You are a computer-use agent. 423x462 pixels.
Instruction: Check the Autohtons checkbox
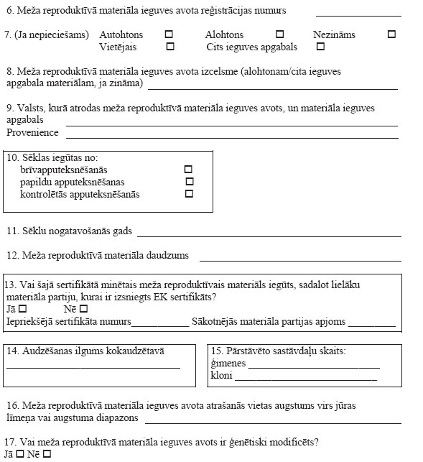point(169,34)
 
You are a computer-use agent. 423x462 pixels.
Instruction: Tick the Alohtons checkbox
point(280,34)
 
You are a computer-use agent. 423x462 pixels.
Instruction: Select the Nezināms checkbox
point(391,34)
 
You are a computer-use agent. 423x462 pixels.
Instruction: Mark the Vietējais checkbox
point(170,47)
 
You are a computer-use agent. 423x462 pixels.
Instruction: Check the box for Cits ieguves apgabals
point(320,47)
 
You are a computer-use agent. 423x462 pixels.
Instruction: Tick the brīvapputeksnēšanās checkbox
point(189,169)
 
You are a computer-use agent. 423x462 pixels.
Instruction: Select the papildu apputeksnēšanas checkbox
point(189,182)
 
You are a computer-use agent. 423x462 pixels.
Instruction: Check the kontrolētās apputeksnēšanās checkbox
point(189,194)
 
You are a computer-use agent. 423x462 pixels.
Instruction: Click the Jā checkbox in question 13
point(23,309)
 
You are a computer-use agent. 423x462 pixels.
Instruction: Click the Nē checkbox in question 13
point(83,309)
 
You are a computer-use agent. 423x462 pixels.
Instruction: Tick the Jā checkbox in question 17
point(20,454)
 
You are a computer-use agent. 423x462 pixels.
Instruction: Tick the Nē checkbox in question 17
point(47,454)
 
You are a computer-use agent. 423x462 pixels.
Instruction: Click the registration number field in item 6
point(358,14)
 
